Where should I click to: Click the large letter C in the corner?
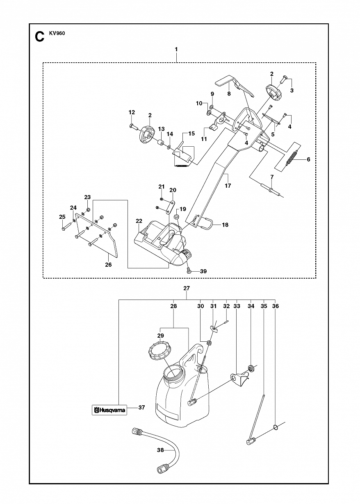[39, 37]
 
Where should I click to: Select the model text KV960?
[57, 34]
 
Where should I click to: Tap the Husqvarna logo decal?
[109, 410]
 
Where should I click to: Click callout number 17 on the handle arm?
[228, 186]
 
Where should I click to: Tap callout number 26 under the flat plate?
[108, 265]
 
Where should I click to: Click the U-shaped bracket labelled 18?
[206, 223]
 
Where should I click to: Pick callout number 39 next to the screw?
[203, 271]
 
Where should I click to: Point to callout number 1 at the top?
[176, 49]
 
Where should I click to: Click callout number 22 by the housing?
[139, 221]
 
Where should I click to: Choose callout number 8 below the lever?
[229, 93]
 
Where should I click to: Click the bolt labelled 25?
[67, 227]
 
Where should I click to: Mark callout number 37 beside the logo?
[141, 407]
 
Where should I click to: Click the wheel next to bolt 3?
[274, 93]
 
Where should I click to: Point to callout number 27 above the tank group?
[187, 288]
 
